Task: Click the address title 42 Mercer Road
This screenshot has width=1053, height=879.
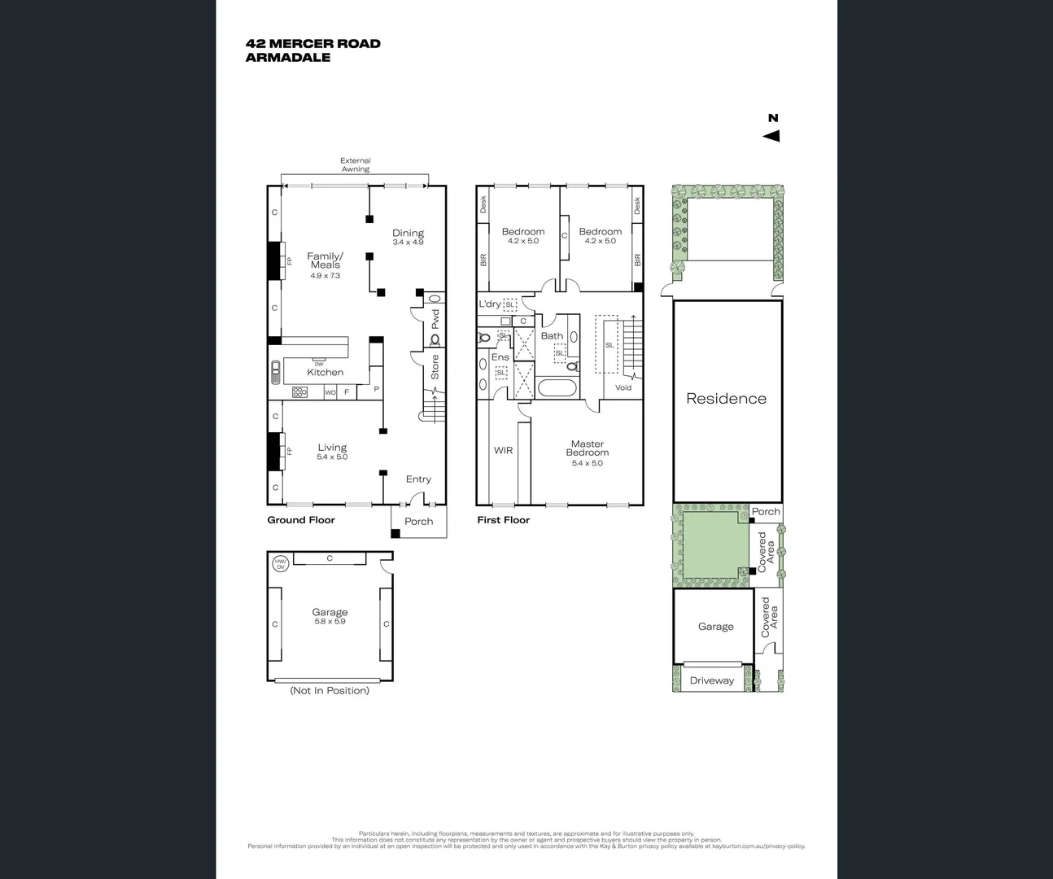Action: tap(312, 44)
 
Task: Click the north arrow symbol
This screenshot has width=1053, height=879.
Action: tap(771, 136)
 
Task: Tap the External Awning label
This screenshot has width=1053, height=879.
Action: tap(355, 165)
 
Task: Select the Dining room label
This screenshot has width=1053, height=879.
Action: tap(408, 233)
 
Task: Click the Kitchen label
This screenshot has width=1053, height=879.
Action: tap(325, 372)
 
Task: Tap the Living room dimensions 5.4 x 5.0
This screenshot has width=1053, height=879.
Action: tap(332, 457)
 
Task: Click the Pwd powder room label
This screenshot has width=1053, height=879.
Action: tap(435, 317)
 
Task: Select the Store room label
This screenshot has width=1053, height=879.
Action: tap(435, 367)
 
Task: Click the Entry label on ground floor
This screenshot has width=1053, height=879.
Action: tap(418, 479)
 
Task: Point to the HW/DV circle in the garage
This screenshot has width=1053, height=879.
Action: tap(280, 564)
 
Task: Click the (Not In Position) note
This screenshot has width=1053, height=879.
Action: tap(330, 690)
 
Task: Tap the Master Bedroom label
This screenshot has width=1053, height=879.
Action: tap(588, 448)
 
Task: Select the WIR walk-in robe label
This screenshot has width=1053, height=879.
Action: tap(503, 450)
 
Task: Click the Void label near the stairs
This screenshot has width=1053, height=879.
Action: tap(623, 387)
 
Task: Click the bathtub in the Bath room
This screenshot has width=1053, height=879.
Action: tap(557, 387)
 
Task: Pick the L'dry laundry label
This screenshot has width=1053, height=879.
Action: tap(490, 304)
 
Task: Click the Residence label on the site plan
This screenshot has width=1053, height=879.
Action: tap(726, 399)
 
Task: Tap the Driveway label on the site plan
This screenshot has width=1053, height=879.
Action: tap(711, 680)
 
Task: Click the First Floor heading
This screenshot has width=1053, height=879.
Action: tap(503, 520)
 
